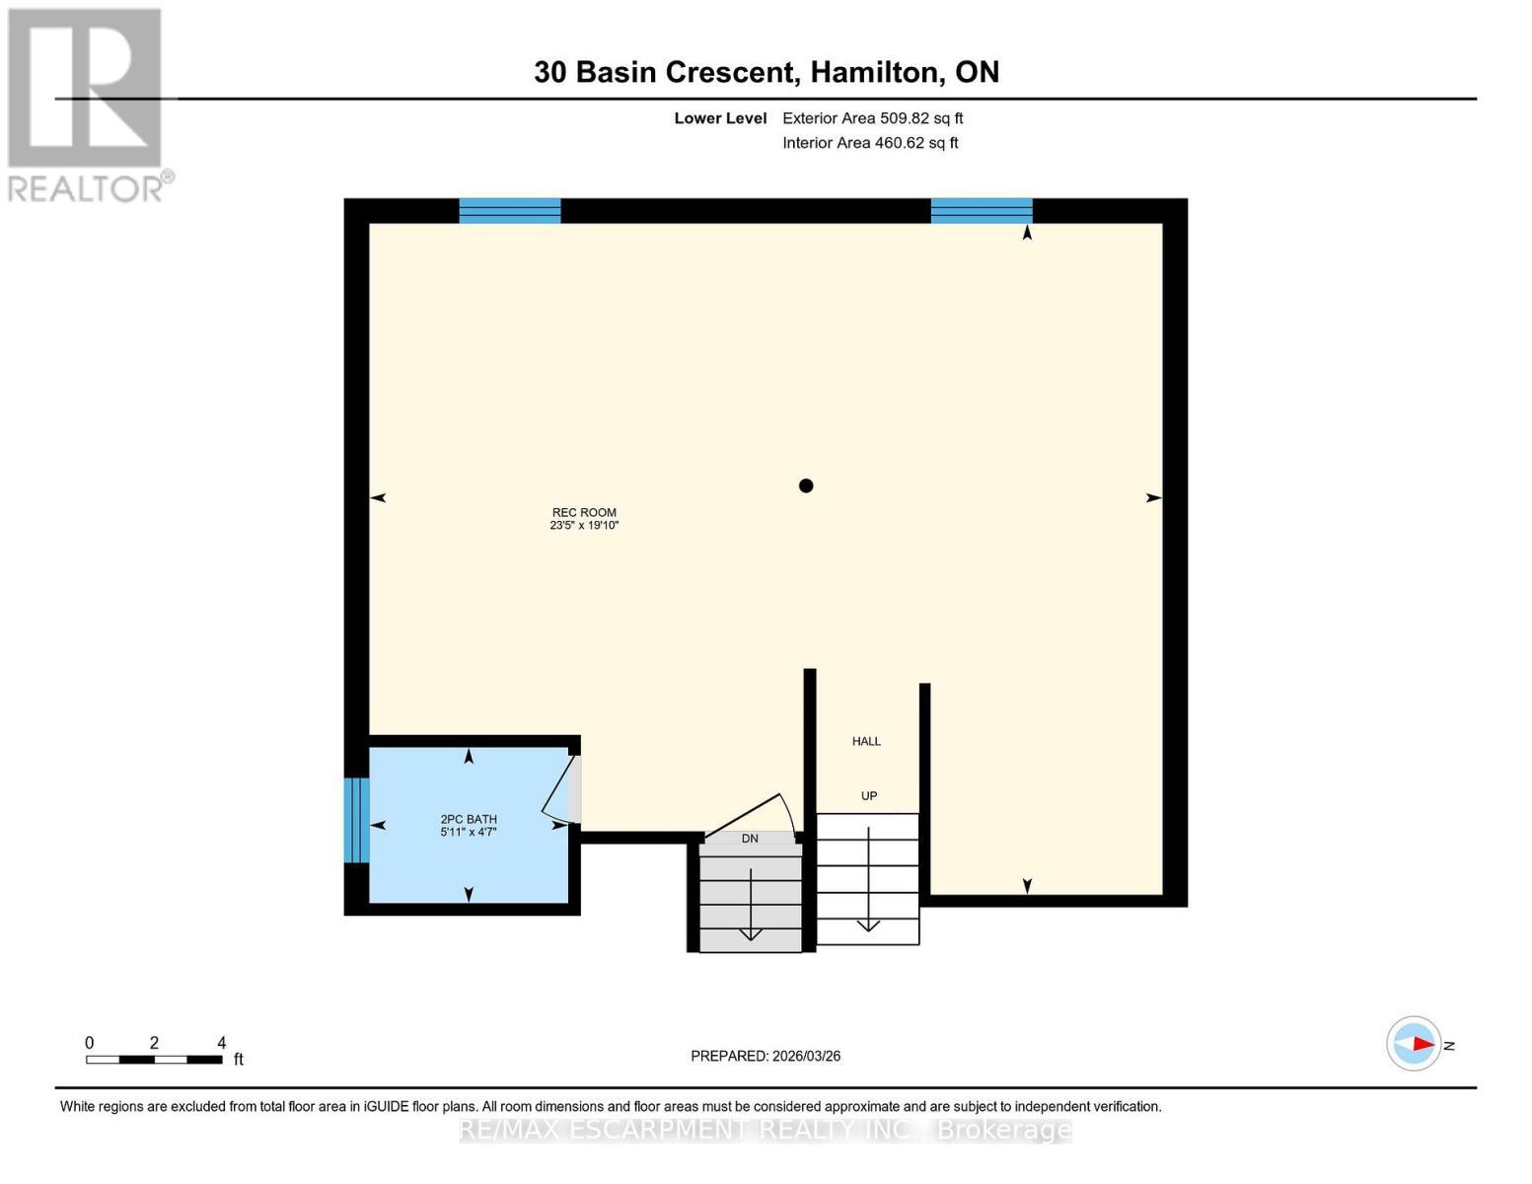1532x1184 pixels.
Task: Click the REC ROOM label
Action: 584,512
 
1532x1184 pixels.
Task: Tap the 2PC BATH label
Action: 469,819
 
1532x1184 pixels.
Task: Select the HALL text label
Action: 866,741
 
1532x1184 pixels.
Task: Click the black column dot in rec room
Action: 806,485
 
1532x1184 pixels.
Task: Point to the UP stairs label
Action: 868,795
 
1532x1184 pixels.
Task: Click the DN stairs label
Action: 750,838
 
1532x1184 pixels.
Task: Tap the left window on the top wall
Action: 510,210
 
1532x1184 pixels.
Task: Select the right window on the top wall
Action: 982,210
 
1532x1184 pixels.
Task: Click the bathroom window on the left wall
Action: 356,820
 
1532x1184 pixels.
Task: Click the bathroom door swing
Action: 559,789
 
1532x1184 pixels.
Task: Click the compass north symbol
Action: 1415,1044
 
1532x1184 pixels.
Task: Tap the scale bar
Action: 154,1059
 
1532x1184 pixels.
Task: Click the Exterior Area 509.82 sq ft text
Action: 872,118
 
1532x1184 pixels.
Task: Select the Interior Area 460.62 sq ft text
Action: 870,143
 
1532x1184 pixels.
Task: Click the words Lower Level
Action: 720,118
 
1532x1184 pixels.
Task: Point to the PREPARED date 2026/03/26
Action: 766,1056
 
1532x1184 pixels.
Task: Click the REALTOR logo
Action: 86,104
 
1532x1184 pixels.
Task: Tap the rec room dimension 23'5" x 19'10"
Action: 584,526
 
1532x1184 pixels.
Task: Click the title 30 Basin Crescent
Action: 664,72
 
